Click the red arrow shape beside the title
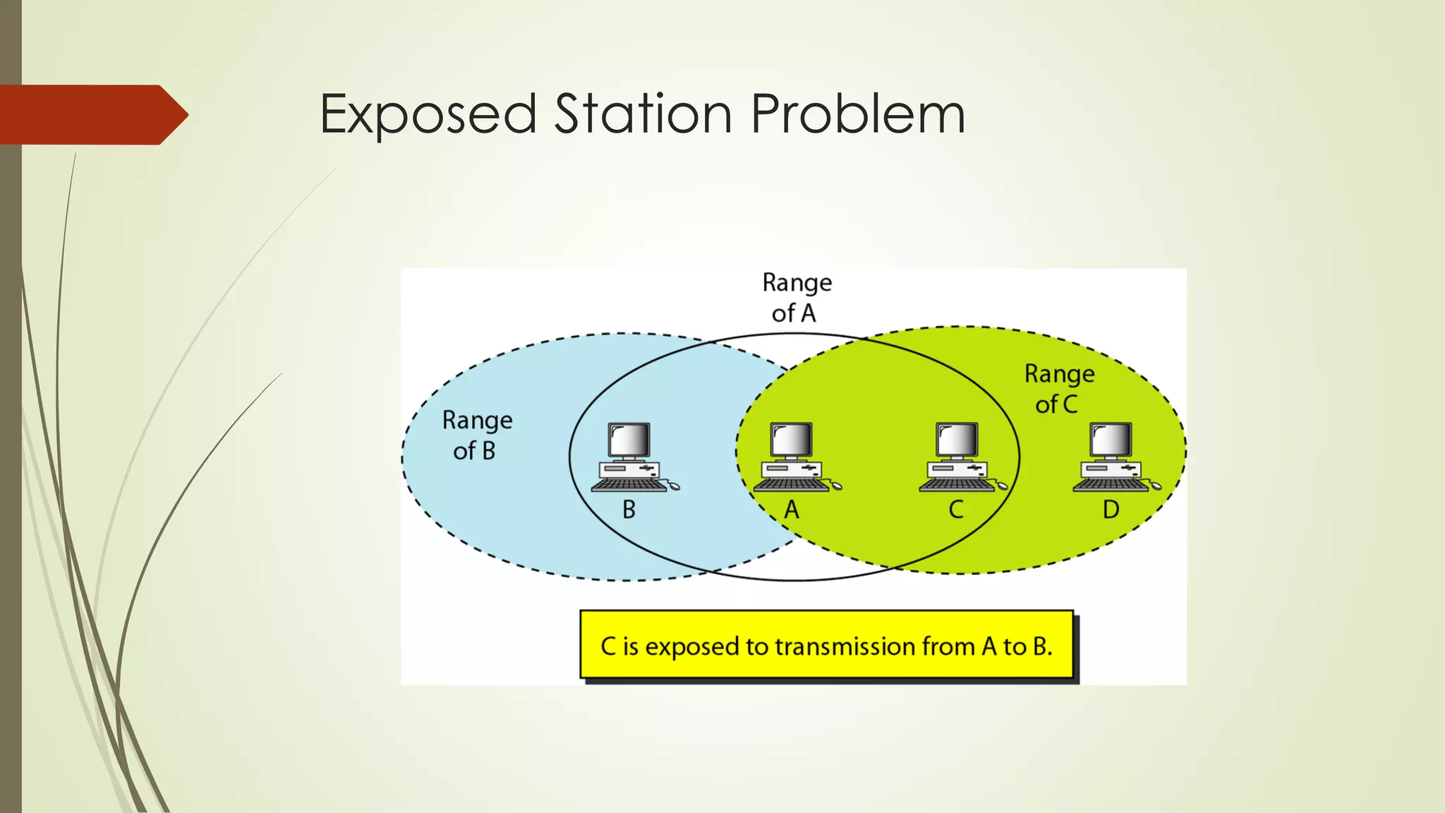(92, 114)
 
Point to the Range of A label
(796, 297)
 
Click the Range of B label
(476, 435)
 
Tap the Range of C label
(1058, 388)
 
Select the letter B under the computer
(629, 510)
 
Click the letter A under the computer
(792, 510)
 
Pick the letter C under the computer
(955, 510)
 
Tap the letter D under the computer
(1111, 510)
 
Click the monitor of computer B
(629, 440)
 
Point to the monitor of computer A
(792, 440)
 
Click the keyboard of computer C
(956, 485)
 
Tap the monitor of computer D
(1111, 440)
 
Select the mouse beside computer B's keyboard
(674, 486)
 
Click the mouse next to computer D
(1155, 486)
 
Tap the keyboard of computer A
(792, 485)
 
